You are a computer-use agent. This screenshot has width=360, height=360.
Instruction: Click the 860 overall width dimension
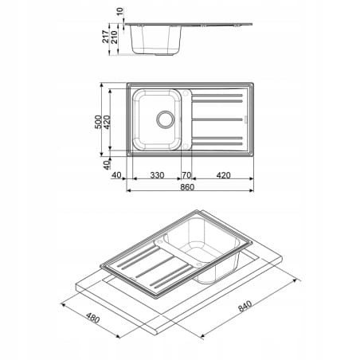(x=187, y=187)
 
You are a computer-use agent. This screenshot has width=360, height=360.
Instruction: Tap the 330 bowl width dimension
(x=157, y=175)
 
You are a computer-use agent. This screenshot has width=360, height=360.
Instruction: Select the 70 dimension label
(x=186, y=175)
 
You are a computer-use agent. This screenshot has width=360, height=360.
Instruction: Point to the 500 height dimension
(x=98, y=122)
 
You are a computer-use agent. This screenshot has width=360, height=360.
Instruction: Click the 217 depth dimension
(x=106, y=37)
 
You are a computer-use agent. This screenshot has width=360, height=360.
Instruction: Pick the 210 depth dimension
(x=114, y=37)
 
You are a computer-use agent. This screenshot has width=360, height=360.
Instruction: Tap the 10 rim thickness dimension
(x=120, y=11)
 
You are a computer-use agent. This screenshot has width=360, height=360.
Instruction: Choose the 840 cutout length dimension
(x=245, y=306)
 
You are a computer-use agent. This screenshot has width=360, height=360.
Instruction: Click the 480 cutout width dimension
(x=93, y=318)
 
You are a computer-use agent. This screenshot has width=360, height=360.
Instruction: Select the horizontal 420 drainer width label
(x=224, y=175)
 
